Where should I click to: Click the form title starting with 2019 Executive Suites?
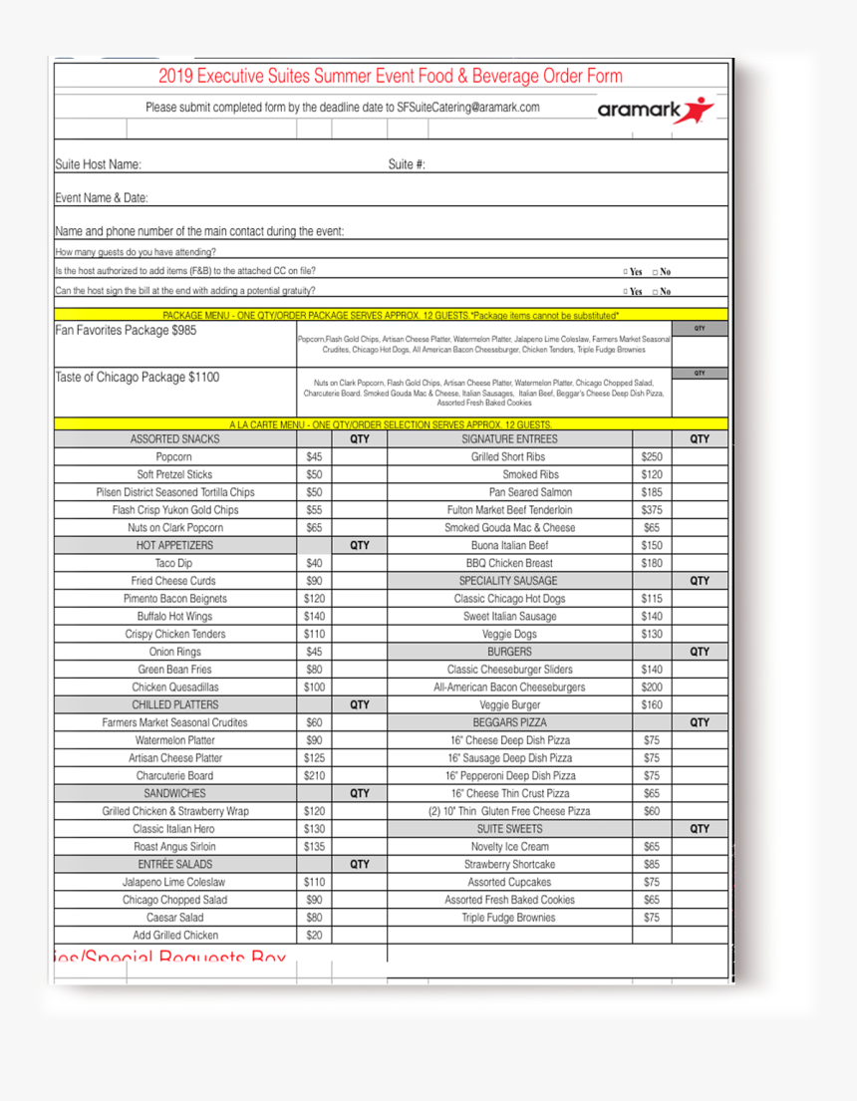(x=390, y=77)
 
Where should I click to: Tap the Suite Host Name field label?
(x=98, y=164)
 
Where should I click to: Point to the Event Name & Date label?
(x=102, y=198)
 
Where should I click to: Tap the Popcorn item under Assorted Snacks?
(x=174, y=456)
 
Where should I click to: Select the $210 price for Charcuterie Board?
(x=314, y=775)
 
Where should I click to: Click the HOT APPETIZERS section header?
(x=174, y=546)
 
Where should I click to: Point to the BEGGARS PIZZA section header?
(x=509, y=722)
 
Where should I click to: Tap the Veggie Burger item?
(x=509, y=704)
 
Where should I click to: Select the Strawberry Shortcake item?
(x=509, y=864)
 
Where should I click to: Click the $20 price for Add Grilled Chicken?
(x=314, y=935)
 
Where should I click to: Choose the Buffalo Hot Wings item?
(x=174, y=617)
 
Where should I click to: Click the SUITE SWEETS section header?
(x=509, y=828)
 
